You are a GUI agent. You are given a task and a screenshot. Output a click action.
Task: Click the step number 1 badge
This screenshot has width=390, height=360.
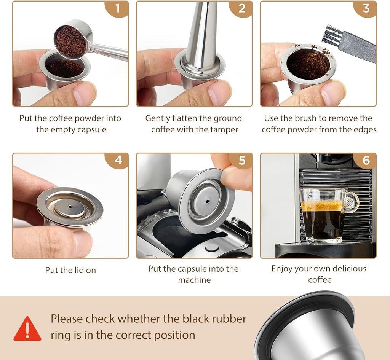coord(118,8)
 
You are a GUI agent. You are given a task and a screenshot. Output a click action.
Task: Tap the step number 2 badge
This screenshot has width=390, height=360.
coord(242,8)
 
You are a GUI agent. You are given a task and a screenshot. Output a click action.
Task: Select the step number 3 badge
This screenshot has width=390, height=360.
coord(366,8)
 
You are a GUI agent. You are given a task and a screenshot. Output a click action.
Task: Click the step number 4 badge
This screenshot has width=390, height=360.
coord(118,160)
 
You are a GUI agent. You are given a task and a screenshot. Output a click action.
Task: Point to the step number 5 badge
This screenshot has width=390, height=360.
coord(242,160)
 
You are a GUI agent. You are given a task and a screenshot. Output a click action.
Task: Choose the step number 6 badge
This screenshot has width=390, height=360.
coord(366,160)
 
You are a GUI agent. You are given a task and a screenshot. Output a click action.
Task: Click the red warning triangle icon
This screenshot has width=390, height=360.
coord(27,329)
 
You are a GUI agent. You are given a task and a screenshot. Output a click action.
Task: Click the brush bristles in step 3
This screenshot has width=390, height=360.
coord(331,36)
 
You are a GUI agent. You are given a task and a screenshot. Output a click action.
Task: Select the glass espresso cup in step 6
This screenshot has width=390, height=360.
coord(323,215)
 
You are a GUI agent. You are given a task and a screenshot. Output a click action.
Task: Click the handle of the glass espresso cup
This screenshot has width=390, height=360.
coord(351,202)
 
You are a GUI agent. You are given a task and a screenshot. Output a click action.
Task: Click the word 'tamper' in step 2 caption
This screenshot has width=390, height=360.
coord(225,129)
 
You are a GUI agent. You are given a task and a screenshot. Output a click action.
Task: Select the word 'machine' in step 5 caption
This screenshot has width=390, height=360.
coord(194,280)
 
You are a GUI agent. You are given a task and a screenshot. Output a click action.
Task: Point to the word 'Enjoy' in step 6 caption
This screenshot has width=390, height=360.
coord(283,269)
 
